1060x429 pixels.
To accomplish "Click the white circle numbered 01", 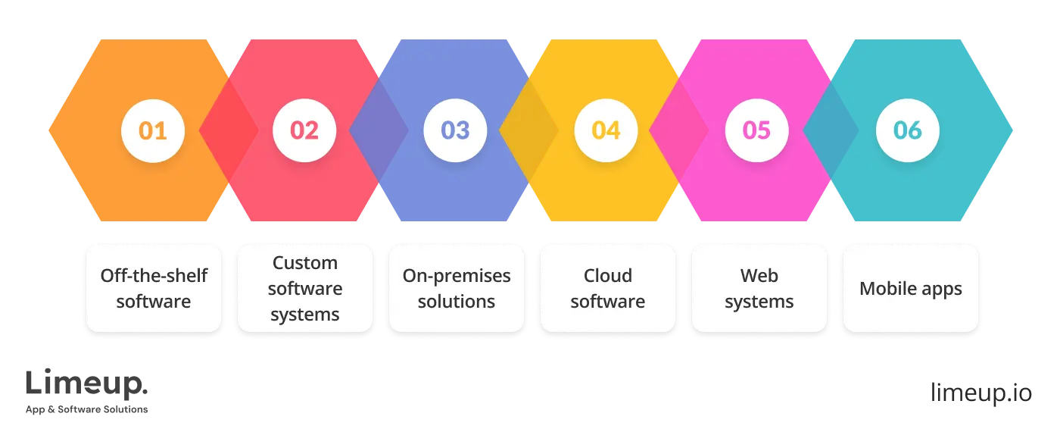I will [x=153, y=130].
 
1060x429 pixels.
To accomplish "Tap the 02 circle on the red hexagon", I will [x=304, y=130].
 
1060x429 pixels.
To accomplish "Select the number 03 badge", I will [x=455, y=130].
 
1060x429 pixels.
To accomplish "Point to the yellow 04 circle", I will [x=606, y=130].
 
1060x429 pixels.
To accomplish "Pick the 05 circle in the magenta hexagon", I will [x=756, y=130].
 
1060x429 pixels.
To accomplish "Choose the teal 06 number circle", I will [x=907, y=130].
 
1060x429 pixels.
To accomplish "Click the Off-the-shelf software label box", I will [x=154, y=288].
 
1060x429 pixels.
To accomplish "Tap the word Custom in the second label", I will [x=305, y=263].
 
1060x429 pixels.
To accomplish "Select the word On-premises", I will [x=457, y=276].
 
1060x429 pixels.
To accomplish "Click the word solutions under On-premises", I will [x=457, y=301].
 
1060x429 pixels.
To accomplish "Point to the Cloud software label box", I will [x=608, y=288].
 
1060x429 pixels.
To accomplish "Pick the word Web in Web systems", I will [x=759, y=276].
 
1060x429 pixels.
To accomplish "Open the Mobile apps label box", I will [x=911, y=288].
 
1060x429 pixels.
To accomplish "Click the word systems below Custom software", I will [x=305, y=314].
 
